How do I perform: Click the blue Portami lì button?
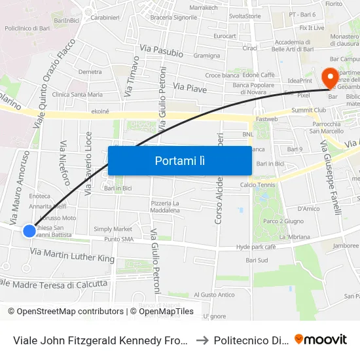[179, 160]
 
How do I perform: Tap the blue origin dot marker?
[29, 230]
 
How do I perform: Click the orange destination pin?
[331, 77]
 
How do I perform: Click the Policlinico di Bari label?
[27, 28]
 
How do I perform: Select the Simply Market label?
[113, 229]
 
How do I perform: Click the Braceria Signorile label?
[173, 17]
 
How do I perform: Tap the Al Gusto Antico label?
[214, 295]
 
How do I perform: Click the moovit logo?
[321, 339]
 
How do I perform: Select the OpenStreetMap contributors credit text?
[65, 312]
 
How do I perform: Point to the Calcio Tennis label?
[257, 185]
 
